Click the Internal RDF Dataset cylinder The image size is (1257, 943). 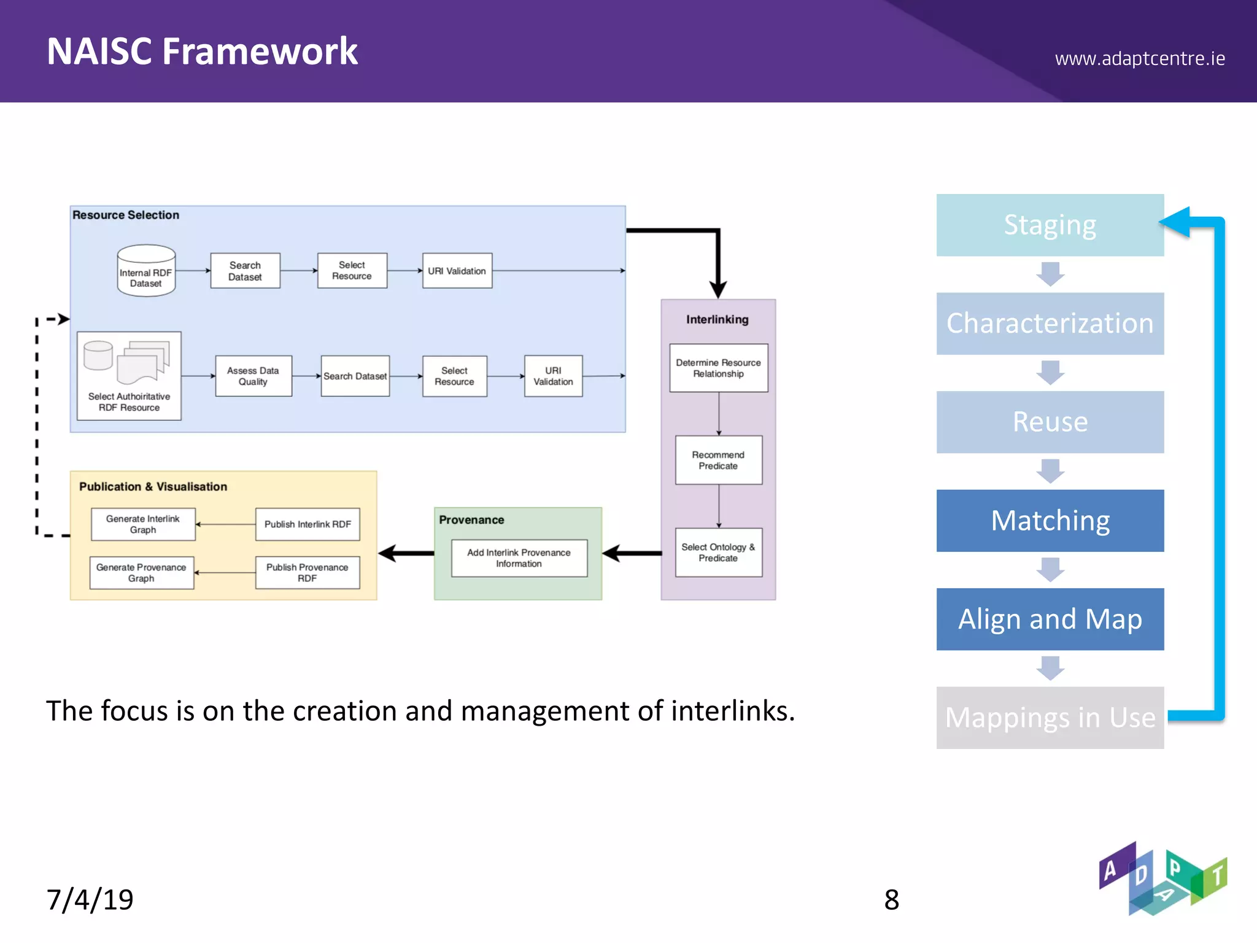[x=146, y=271]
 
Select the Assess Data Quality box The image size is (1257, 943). [x=253, y=376]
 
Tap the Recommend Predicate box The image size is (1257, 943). [x=718, y=460]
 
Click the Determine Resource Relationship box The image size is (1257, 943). [x=718, y=368]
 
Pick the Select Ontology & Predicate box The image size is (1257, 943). [x=718, y=552]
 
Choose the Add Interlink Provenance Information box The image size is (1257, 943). [x=519, y=557]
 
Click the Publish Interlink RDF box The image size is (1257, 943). [x=307, y=524]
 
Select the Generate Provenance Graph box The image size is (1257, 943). [x=141, y=572]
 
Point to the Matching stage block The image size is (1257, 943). [x=1050, y=520]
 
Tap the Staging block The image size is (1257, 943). [x=1050, y=225]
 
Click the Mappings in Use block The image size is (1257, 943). [x=1050, y=717]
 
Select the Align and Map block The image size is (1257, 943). [x=1050, y=619]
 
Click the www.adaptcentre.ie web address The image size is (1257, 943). [x=1139, y=58]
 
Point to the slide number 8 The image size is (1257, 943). [x=891, y=899]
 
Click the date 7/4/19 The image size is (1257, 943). [x=90, y=899]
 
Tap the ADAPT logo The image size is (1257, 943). [x=1162, y=879]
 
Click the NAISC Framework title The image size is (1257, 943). [x=202, y=51]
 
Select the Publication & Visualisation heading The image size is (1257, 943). [x=153, y=486]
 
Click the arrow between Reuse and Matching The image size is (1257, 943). [x=1050, y=471]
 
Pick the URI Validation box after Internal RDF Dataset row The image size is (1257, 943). [x=457, y=271]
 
